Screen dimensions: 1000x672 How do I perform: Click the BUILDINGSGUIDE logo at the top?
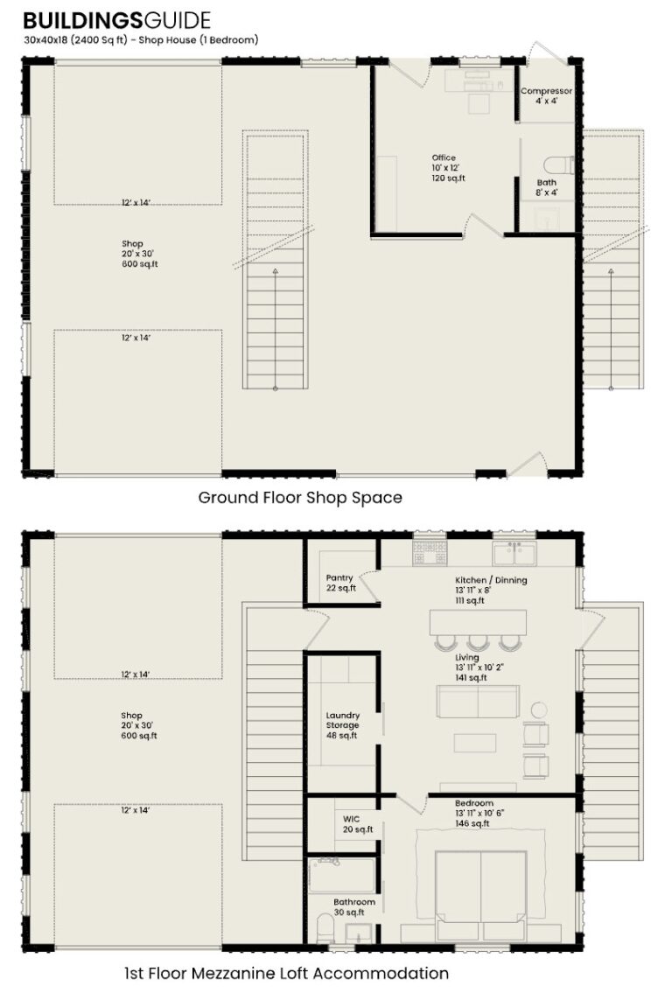coord(116,19)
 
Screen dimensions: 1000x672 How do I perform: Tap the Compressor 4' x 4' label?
coord(546,95)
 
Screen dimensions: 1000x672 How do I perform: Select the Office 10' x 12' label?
coord(448,168)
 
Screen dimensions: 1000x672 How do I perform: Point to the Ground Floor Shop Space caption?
coord(300,498)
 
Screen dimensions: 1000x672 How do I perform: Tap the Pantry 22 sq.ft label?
coord(339,583)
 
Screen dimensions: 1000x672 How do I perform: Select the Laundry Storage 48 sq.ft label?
coord(342,725)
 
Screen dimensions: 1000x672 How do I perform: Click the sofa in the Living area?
coord(478,702)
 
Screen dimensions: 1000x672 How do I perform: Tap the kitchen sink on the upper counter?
coord(514,552)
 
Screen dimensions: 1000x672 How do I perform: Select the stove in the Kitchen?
coord(430,552)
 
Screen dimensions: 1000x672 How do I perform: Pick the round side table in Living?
coord(539,710)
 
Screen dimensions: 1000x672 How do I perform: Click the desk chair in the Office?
coord(479,102)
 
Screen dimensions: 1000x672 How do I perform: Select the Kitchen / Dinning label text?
coord(491,580)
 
